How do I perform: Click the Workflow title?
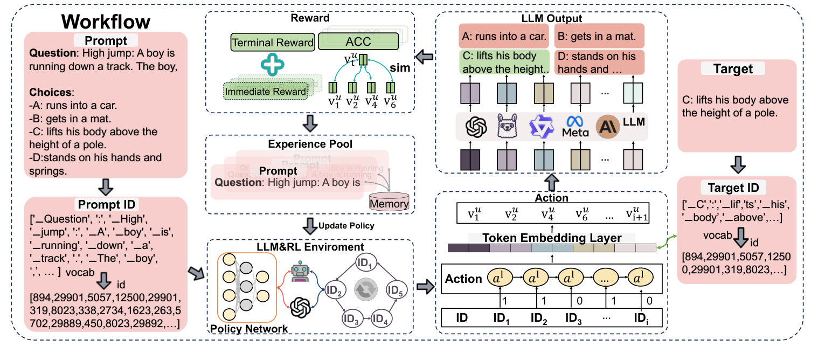[x=106, y=22]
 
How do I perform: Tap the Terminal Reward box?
[x=273, y=42]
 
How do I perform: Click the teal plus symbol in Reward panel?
[x=273, y=66]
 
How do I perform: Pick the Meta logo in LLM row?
[x=575, y=127]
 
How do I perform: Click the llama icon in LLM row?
[x=505, y=128]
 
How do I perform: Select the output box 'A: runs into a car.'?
[x=503, y=37]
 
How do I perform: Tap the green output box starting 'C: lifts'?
[x=503, y=62]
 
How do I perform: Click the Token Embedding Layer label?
[x=552, y=238]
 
